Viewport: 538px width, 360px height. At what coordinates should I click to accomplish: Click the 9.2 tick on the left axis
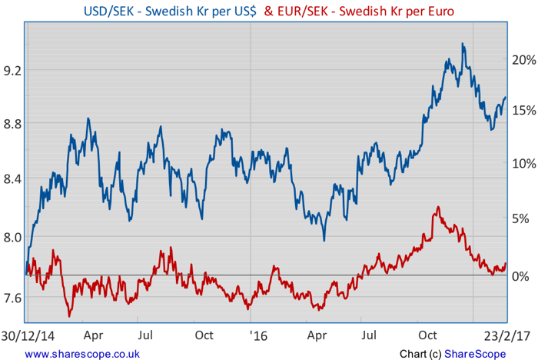click(13, 69)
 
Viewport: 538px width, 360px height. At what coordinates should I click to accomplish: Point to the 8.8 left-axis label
click(13, 123)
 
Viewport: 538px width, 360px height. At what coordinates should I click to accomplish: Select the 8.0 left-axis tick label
click(13, 238)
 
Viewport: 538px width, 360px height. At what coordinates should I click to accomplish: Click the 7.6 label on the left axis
click(13, 297)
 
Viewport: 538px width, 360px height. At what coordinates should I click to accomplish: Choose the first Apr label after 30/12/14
click(93, 335)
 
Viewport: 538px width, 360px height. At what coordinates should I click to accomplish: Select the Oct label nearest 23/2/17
click(428, 335)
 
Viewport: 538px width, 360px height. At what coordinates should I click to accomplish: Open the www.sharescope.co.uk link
click(81, 354)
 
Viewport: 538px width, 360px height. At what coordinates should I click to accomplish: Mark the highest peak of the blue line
click(463, 44)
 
